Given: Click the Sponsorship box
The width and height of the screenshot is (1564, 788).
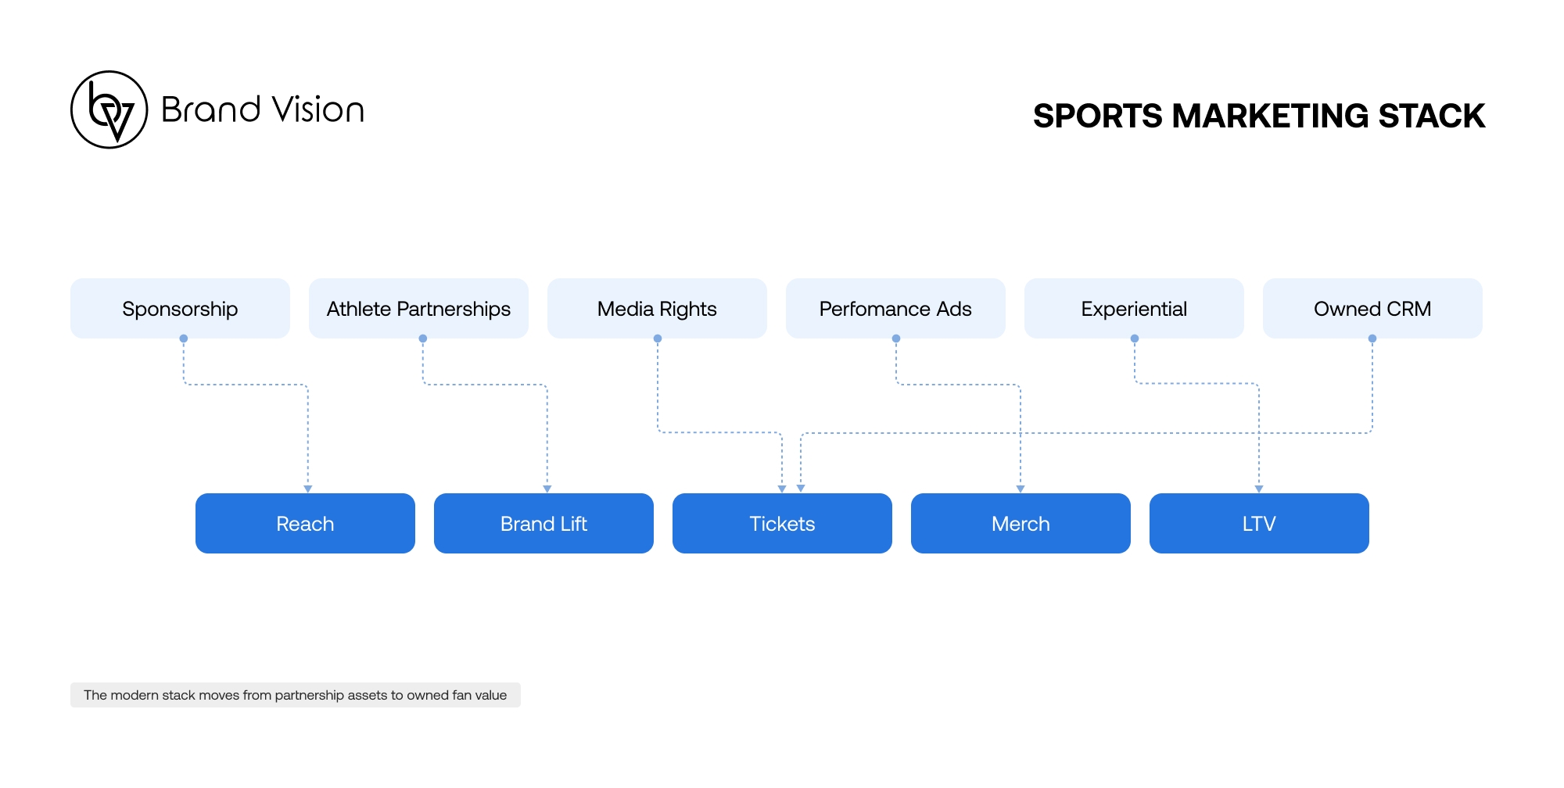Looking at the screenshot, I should [x=180, y=308].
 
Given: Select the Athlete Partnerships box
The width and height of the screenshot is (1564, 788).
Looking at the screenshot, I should [x=418, y=308].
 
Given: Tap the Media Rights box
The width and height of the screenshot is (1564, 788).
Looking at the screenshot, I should [x=657, y=308].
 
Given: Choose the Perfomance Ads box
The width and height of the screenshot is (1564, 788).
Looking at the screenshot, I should [x=895, y=308].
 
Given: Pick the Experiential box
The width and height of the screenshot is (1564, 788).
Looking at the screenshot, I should [x=1134, y=308].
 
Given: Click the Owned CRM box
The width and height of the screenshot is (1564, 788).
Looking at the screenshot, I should [x=1372, y=308].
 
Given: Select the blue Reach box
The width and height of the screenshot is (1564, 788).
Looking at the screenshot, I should [x=305, y=523].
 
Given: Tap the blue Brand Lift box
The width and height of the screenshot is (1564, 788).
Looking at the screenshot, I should [x=543, y=523].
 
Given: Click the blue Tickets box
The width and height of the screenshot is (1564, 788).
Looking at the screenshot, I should [x=782, y=523].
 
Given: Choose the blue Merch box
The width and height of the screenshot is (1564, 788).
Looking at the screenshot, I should [x=1021, y=523].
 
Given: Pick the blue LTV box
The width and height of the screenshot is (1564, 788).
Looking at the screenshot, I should [x=1259, y=523].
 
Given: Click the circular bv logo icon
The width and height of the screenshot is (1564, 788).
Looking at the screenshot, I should [x=109, y=109].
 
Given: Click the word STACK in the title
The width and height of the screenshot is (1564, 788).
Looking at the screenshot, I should [x=1431, y=116].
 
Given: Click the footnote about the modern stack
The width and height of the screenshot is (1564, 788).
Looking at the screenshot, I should [x=295, y=695].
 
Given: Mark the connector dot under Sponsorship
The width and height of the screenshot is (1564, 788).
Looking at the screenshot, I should [x=184, y=338].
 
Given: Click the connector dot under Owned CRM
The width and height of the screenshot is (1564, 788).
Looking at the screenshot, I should [x=1372, y=338].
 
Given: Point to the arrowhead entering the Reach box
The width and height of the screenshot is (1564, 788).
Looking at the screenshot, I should [x=308, y=489].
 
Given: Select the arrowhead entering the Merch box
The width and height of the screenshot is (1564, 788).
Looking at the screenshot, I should [x=1021, y=489].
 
